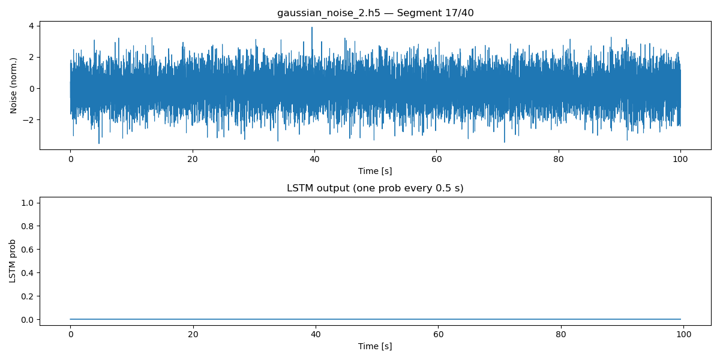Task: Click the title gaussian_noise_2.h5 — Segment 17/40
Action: pos(375,13)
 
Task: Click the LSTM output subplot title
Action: pos(375,188)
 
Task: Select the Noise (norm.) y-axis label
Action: pos(14,85)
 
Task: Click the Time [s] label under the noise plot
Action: pos(375,171)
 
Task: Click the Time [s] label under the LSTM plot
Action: pos(375,346)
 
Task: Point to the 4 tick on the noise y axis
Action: pos(31,26)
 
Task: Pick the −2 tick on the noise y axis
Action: pos(28,120)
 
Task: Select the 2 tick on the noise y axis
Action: pos(31,57)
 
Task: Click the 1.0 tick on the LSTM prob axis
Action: pos(26,203)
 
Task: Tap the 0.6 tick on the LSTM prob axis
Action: pos(26,250)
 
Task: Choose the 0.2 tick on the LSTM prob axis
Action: pos(26,296)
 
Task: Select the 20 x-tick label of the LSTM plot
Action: pos(192,335)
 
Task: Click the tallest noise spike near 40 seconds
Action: pos(312,28)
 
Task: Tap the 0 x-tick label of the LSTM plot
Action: pos(70,335)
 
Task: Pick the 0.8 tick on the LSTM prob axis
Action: pos(26,226)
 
